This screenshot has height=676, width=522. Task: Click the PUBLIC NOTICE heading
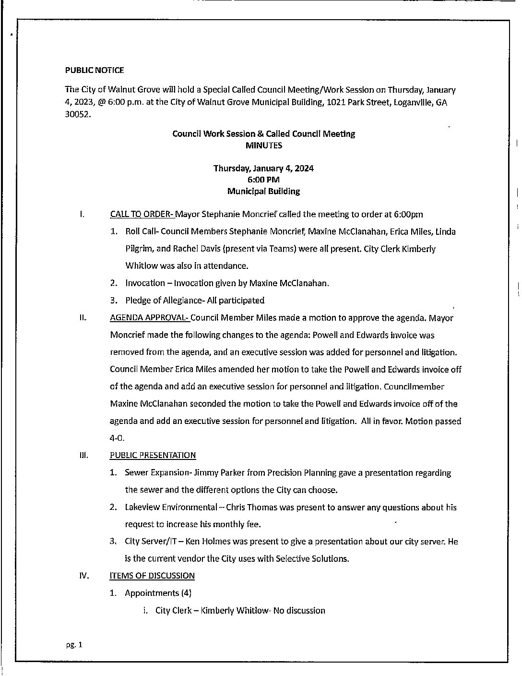pyautogui.click(x=95, y=70)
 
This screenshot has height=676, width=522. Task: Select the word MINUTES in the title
pyautogui.click(x=263, y=145)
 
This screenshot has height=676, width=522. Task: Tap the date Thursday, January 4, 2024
pyautogui.click(x=263, y=169)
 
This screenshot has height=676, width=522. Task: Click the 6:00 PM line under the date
pyautogui.click(x=263, y=180)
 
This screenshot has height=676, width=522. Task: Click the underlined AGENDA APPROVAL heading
pyautogui.click(x=150, y=318)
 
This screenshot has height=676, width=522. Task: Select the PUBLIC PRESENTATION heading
pyautogui.click(x=153, y=455)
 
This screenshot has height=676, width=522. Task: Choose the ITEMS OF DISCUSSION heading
pyautogui.click(x=152, y=576)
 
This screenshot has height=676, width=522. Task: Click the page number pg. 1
pyautogui.click(x=74, y=645)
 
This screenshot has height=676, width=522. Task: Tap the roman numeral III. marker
pyautogui.click(x=83, y=455)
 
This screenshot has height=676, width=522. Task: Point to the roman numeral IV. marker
pyautogui.click(x=83, y=576)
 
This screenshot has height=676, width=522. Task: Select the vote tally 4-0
pyautogui.click(x=117, y=438)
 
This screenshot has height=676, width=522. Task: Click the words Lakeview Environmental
pyautogui.click(x=171, y=507)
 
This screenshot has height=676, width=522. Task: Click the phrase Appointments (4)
pyautogui.click(x=158, y=593)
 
